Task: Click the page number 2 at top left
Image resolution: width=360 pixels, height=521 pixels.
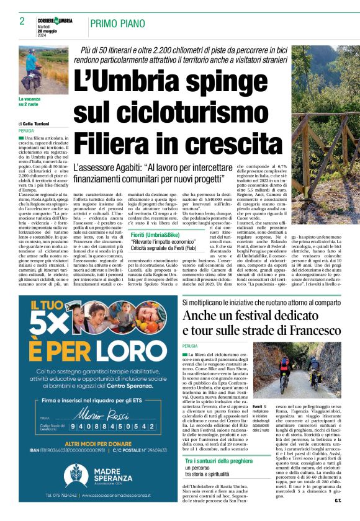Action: [22, 21]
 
